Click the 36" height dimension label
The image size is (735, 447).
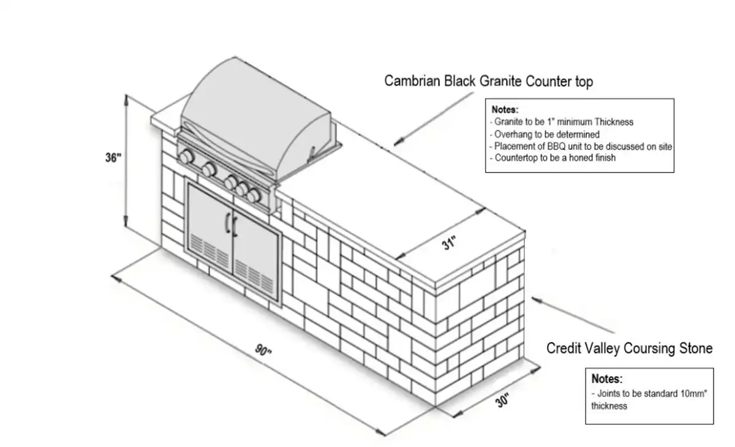point(113,157)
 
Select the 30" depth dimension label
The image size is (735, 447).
point(503,401)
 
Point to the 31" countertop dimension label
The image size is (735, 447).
point(450,244)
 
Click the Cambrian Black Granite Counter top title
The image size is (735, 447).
point(488,81)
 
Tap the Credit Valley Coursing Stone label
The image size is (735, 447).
point(629,348)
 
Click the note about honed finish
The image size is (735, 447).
point(552,158)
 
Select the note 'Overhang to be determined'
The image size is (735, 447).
point(545,134)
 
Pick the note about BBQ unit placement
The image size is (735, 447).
point(581,146)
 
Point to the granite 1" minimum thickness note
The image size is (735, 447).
point(562,122)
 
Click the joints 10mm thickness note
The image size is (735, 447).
point(649,399)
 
